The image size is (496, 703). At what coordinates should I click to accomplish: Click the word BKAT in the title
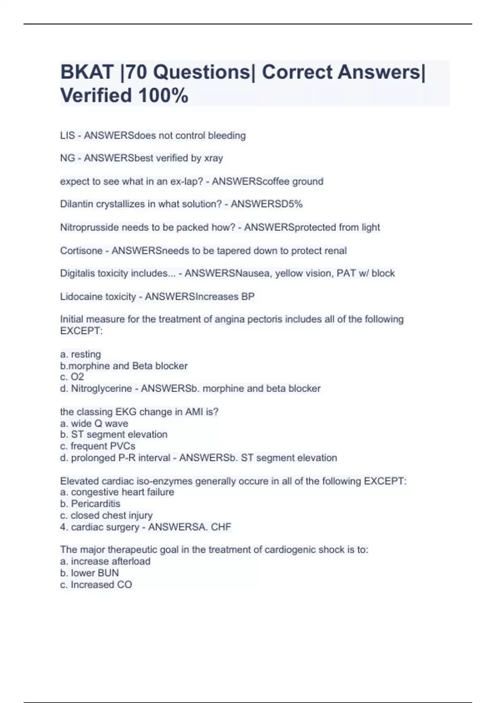point(87,72)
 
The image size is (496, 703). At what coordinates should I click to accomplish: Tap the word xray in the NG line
point(214,158)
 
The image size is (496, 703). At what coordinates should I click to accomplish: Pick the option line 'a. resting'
point(81,354)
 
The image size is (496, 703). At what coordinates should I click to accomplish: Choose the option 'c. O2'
point(72,377)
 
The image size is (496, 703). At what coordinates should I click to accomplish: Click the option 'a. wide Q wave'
point(94,423)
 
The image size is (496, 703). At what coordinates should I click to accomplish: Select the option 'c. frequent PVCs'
point(98,446)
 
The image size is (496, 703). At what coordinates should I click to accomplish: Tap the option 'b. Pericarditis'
point(90,504)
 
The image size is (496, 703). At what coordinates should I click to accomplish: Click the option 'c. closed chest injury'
point(106,515)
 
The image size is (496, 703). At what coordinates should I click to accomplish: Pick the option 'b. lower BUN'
point(89,573)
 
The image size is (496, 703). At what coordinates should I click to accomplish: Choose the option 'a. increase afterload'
point(105,561)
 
